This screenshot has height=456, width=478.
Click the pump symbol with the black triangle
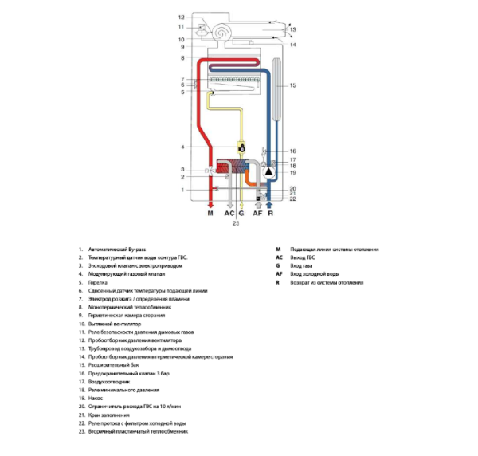269,171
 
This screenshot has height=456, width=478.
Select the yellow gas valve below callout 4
241,147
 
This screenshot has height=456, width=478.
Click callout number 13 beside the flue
292,30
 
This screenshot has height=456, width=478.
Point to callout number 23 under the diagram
236,224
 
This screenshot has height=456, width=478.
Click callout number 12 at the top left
182,17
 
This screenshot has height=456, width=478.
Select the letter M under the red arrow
210,214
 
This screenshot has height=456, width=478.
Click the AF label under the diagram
257,214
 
